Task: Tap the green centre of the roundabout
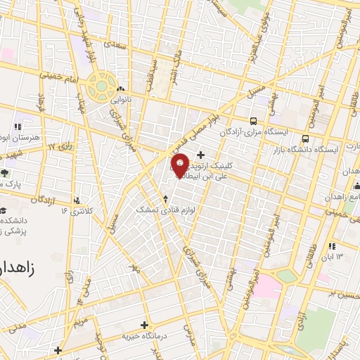pyautogui.click(x=101, y=86)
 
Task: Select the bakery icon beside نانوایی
pyautogui.click(x=121, y=90)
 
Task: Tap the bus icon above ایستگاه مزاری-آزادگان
pyautogui.click(x=253, y=120)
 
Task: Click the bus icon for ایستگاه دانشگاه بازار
pyautogui.click(x=305, y=138)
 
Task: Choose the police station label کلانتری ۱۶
pyautogui.click(x=77, y=210)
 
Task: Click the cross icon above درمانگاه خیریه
pyautogui.click(x=145, y=325)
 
